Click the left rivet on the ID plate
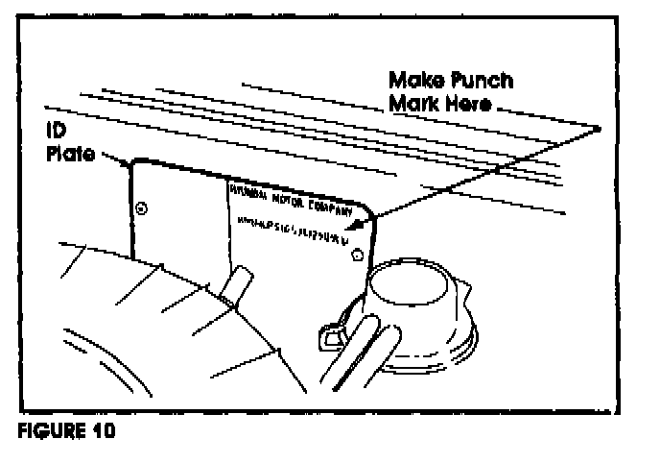click(x=142, y=207)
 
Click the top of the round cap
click(x=410, y=280)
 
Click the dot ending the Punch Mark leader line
click(x=598, y=128)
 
